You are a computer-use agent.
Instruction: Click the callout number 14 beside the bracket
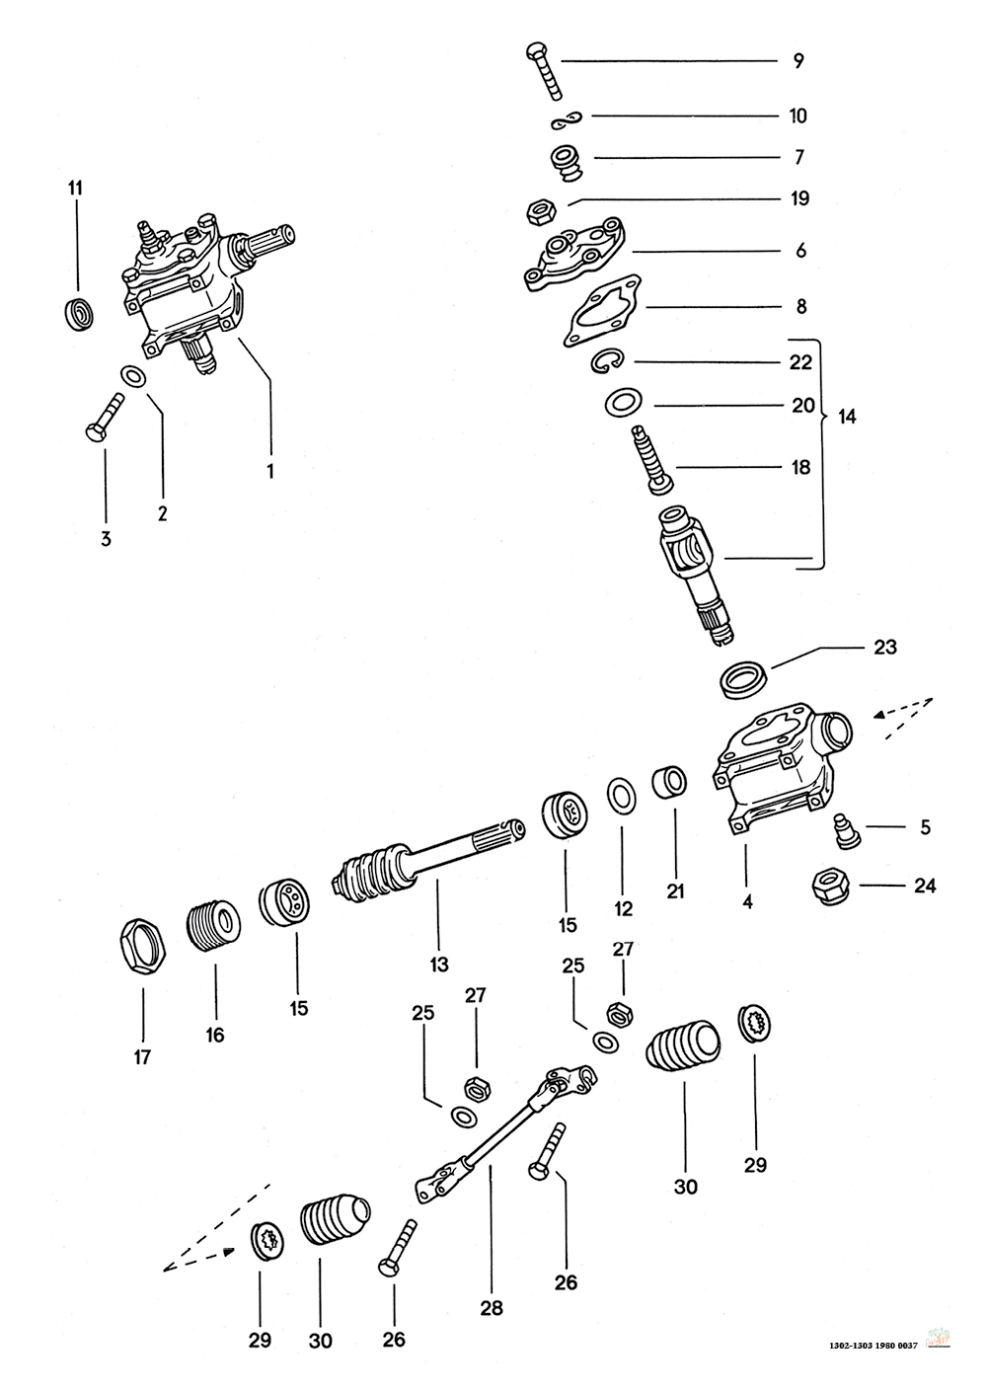pos(847,417)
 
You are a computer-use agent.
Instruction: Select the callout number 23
pos(884,647)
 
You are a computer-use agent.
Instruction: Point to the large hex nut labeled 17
pos(142,948)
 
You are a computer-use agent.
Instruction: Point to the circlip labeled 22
pos(609,363)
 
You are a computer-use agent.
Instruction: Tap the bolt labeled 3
pos(105,416)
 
